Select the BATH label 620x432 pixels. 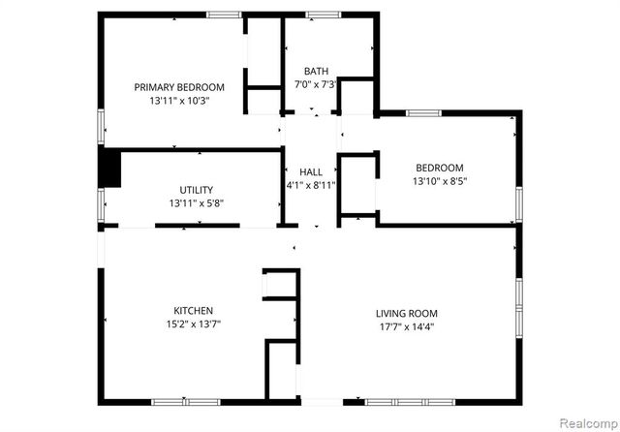(316, 71)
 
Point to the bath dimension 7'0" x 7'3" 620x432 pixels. (316, 84)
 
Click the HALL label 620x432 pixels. (310, 171)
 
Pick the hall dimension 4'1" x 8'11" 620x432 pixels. (310, 185)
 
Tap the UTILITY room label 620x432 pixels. (197, 190)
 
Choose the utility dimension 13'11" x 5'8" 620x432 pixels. (197, 203)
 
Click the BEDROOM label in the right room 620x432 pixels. (440, 168)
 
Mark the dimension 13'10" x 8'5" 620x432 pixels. (440, 181)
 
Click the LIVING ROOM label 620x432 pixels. (406, 313)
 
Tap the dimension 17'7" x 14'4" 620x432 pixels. (406, 326)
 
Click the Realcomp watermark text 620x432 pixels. (587, 423)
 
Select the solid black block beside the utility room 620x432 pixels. (110, 167)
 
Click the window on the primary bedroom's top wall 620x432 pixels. (224, 14)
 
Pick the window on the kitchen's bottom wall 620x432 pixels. (185, 401)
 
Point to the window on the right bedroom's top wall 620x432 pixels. (423, 113)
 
